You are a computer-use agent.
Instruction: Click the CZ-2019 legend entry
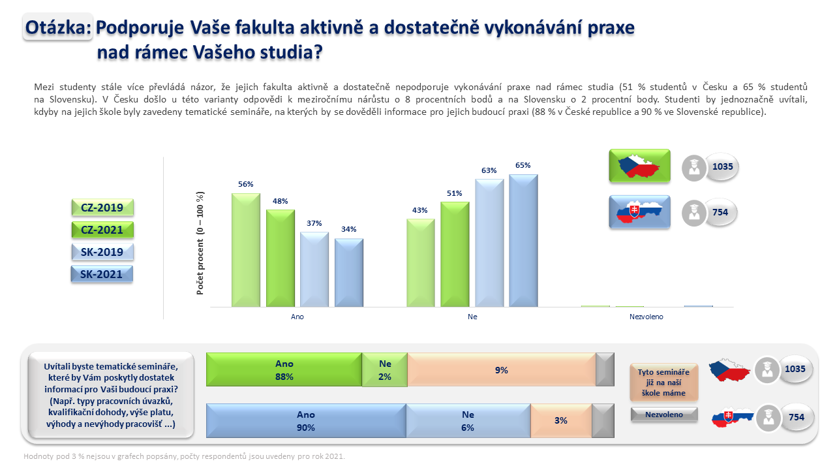coord(102,208)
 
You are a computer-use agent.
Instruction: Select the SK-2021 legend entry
coord(102,274)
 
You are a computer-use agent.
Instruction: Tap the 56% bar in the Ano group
coord(246,250)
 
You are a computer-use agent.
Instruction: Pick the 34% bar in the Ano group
coord(349,273)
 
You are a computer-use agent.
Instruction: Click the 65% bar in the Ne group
coord(523,241)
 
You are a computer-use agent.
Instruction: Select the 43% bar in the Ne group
coord(421,263)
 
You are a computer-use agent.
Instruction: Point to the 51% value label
coord(455,193)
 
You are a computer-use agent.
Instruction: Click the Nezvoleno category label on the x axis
coord(646,317)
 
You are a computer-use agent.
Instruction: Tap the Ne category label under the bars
coord(472,317)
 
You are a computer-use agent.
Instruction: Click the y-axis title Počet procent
coord(200,243)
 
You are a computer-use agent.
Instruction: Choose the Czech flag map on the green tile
coord(639,166)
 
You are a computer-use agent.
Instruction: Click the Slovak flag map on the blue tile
coord(639,211)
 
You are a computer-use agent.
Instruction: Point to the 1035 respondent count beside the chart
coord(722,166)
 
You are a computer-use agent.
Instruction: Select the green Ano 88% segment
coord(284,369)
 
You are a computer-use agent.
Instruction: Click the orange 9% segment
coord(502,369)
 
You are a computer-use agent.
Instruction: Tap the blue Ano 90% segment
coord(306,420)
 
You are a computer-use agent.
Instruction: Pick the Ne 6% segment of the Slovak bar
coord(468,420)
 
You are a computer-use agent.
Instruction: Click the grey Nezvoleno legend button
coord(664,415)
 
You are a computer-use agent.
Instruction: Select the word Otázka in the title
coord(57,27)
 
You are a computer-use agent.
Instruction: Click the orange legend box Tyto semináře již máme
coord(663,383)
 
